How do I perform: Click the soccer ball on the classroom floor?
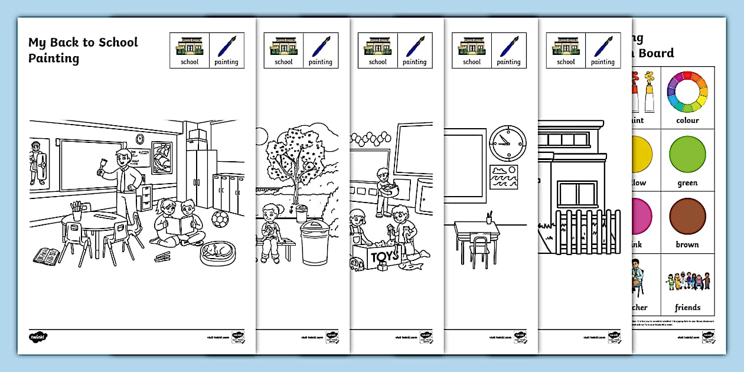220,220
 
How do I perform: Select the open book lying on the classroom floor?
47,256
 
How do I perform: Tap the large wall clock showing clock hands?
507,144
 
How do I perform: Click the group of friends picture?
687,282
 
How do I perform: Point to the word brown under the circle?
687,244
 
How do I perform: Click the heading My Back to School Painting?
83,50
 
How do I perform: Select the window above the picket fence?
577,194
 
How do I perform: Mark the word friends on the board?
687,308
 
